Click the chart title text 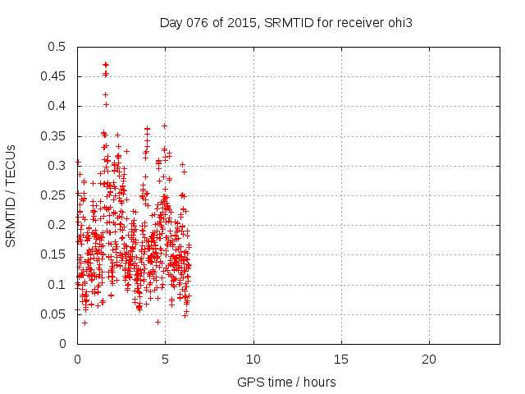285,22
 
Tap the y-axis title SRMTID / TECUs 11,195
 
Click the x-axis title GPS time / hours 285,382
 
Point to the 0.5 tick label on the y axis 57,47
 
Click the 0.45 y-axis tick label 54,76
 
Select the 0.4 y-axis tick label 57,106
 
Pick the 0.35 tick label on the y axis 54,136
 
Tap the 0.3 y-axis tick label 57,166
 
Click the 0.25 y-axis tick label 54,195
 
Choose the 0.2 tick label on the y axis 57,225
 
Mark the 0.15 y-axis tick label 54,254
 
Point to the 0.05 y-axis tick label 54,314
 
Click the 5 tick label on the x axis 165,359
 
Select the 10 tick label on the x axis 253,359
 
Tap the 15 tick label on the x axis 341,359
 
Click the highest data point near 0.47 105,64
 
